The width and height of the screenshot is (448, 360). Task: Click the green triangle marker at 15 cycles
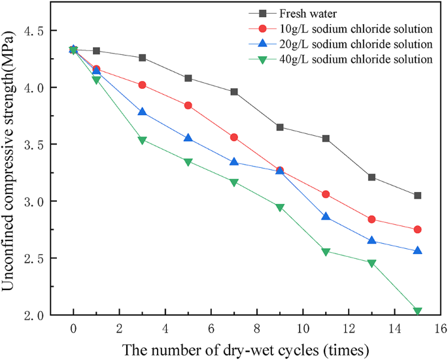click(x=417, y=312)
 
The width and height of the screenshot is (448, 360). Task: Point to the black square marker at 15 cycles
click(x=417, y=195)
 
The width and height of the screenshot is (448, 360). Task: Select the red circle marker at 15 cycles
click(x=417, y=229)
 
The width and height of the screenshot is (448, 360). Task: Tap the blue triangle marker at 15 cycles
click(x=417, y=250)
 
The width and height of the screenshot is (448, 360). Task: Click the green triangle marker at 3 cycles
click(x=142, y=140)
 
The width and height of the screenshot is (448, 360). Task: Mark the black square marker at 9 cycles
click(x=280, y=127)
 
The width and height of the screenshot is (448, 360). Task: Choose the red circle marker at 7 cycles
click(x=234, y=137)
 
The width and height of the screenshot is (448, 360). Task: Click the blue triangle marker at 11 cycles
click(x=326, y=216)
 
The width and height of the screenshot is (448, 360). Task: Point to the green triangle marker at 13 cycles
click(x=371, y=263)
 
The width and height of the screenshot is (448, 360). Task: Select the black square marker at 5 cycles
click(x=188, y=78)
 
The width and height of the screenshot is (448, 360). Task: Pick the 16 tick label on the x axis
click(x=440, y=327)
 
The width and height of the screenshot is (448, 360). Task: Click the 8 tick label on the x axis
click(x=257, y=327)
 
